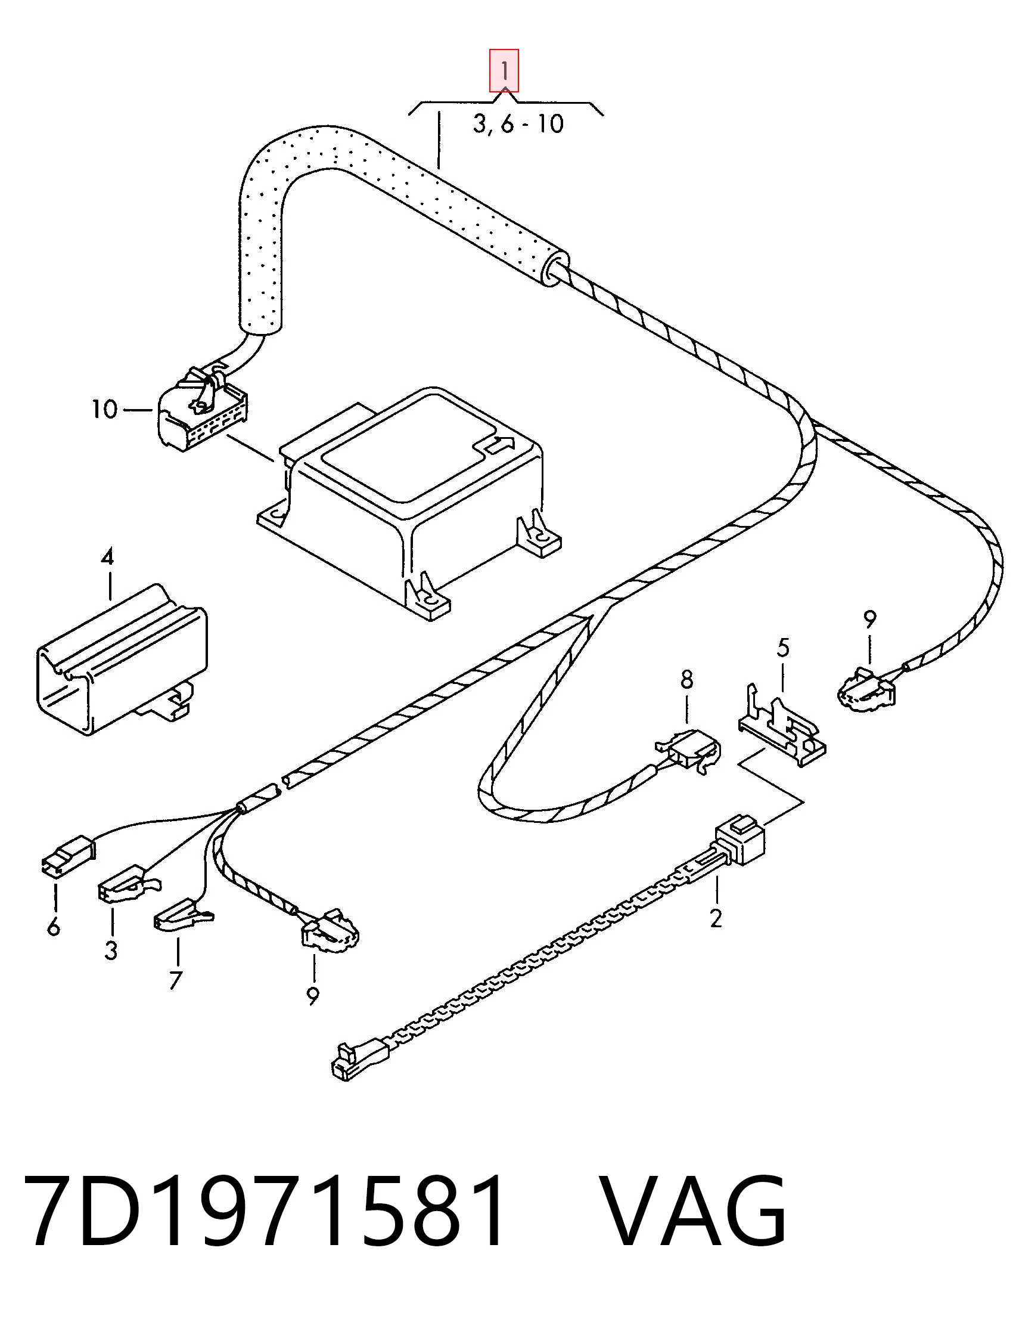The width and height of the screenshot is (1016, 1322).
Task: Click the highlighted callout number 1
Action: (x=504, y=71)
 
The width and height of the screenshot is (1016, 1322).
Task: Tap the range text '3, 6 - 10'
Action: (x=518, y=124)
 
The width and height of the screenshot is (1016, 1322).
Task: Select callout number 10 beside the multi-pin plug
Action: (x=104, y=410)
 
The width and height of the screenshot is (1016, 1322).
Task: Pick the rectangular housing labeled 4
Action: (x=122, y=660)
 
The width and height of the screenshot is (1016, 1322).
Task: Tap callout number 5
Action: (x=782, y=648)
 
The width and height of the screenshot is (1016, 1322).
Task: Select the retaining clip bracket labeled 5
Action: (x=782, y=726)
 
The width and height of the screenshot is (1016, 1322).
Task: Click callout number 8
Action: (x=686, y=680)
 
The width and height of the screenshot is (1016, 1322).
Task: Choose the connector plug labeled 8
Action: (x=689, y=751)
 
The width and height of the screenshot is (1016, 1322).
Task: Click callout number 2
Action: (x=716, y=918)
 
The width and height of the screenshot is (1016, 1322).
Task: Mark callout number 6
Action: (x=53, y=926)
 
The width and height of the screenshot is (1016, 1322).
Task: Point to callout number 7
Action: (x=175, y=980)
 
